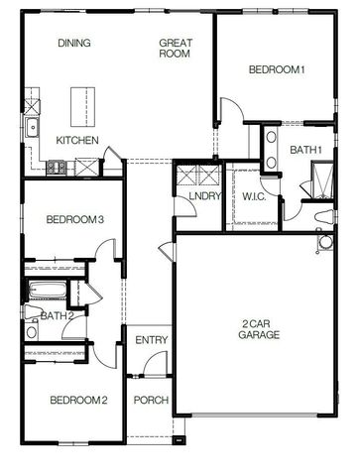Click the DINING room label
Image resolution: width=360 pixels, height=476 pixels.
coord(74,43)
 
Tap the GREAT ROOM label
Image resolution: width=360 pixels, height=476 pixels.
coord(175,49)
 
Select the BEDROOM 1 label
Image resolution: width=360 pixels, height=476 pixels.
coord(277,69)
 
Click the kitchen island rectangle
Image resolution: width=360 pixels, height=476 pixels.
coord(83,106)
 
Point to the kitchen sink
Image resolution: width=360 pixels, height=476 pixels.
coord(33,127)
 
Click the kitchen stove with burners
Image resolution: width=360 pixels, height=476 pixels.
coord(56,167)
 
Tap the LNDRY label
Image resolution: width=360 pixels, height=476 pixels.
coord(204,196)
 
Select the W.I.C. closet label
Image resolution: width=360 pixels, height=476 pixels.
coord(254,196)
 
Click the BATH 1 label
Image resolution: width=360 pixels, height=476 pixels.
coord(305,150)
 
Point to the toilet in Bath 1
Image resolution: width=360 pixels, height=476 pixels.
coord(325,217)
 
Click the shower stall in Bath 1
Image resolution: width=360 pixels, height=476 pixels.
coord(322,179)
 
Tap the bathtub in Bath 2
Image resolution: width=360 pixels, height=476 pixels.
coord(49,290)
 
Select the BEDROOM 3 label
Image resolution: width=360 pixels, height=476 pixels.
coord(75,219)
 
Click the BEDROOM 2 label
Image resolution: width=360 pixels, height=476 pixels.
coord(78,401)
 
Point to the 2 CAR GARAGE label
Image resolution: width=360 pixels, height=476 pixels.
coord(259,329)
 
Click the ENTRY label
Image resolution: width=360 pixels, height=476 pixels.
coord(152,340)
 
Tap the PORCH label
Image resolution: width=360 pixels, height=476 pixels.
coord(151,401)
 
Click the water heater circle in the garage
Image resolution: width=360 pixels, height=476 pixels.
coord(326,242)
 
